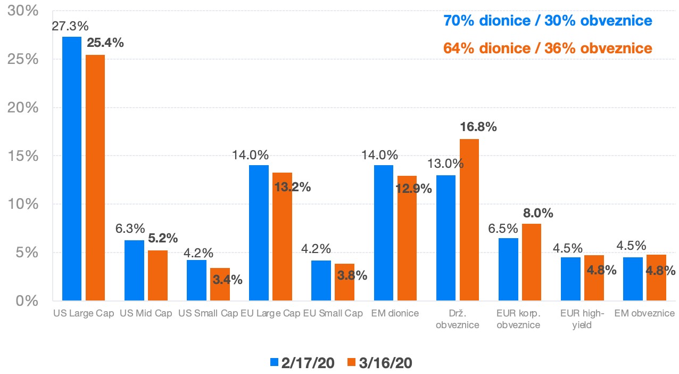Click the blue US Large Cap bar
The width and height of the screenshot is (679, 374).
tap(72, 168)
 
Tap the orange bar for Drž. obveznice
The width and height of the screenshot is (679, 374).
tap(469, 219)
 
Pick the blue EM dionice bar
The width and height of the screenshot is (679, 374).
tap(384, 233)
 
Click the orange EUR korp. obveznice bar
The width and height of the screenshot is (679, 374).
tap(532, 262)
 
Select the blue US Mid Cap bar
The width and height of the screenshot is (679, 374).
tap(134, 270)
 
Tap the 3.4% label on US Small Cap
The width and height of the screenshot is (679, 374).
tap(227, 279)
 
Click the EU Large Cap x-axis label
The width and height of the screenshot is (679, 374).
tap(270, 313)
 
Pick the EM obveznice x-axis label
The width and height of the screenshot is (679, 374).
tap(644, 313)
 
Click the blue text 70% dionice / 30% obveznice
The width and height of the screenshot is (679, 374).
tap(548, 21)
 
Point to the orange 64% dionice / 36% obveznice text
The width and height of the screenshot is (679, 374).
tap(548, 48)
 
